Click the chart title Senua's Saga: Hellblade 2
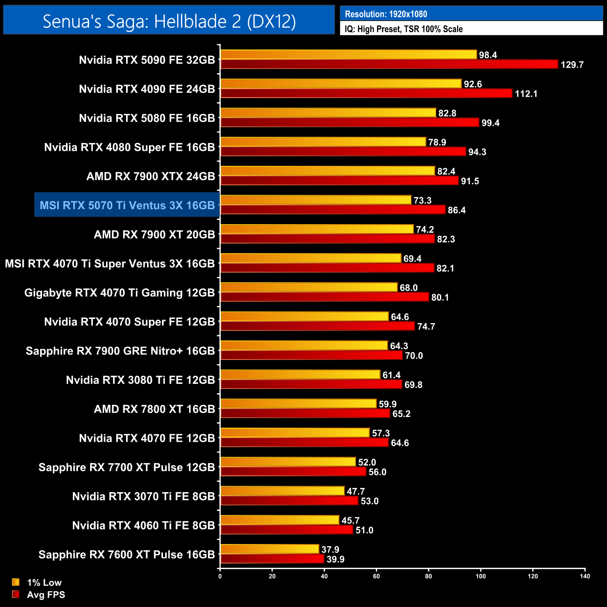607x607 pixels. pyautogui.click(x=169, y=21)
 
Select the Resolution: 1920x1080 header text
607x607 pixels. pyautogui.click(x=386, y=14)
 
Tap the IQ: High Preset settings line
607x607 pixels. pyautogui.click(x=403, y=29)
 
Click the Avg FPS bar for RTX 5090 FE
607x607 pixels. pyautogui.click(x=389, y=64)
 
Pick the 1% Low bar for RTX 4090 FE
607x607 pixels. pyautogui.click(x=341, y=84)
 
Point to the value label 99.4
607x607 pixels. pyautogui.click(x=490, y=123)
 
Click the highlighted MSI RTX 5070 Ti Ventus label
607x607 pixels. pyautogui.click(x=127, y=205)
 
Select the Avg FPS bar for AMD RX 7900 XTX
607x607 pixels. pyautogui.click(x=339, y=181)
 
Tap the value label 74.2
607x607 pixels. pyautogui.click(x=425, y=229)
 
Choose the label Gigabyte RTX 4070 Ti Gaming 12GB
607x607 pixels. pyautogui.click(x=120, y=293)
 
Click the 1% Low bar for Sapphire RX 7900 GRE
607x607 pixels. pyautogui.click(x=304, y=346)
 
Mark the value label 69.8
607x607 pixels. pyautogui.click(x=413, y=385)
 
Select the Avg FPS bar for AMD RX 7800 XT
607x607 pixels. pyautogui.click(x=305, y=414)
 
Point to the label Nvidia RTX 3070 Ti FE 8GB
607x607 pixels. pyautogui.click(x=143, y=496)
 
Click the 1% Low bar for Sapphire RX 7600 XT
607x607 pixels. pyautogui.click(x=269, y=550)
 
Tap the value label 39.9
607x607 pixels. pyautogui.click(x=335, y=559)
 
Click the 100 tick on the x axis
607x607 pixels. pyautogui.click(x=480, y=576)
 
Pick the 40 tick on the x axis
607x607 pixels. pyautogui.click(x=324, y=576)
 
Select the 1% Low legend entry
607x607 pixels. pyautogui.click(x=37, y=582)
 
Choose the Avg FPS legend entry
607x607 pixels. pyautogui.click(x=39, y=594)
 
